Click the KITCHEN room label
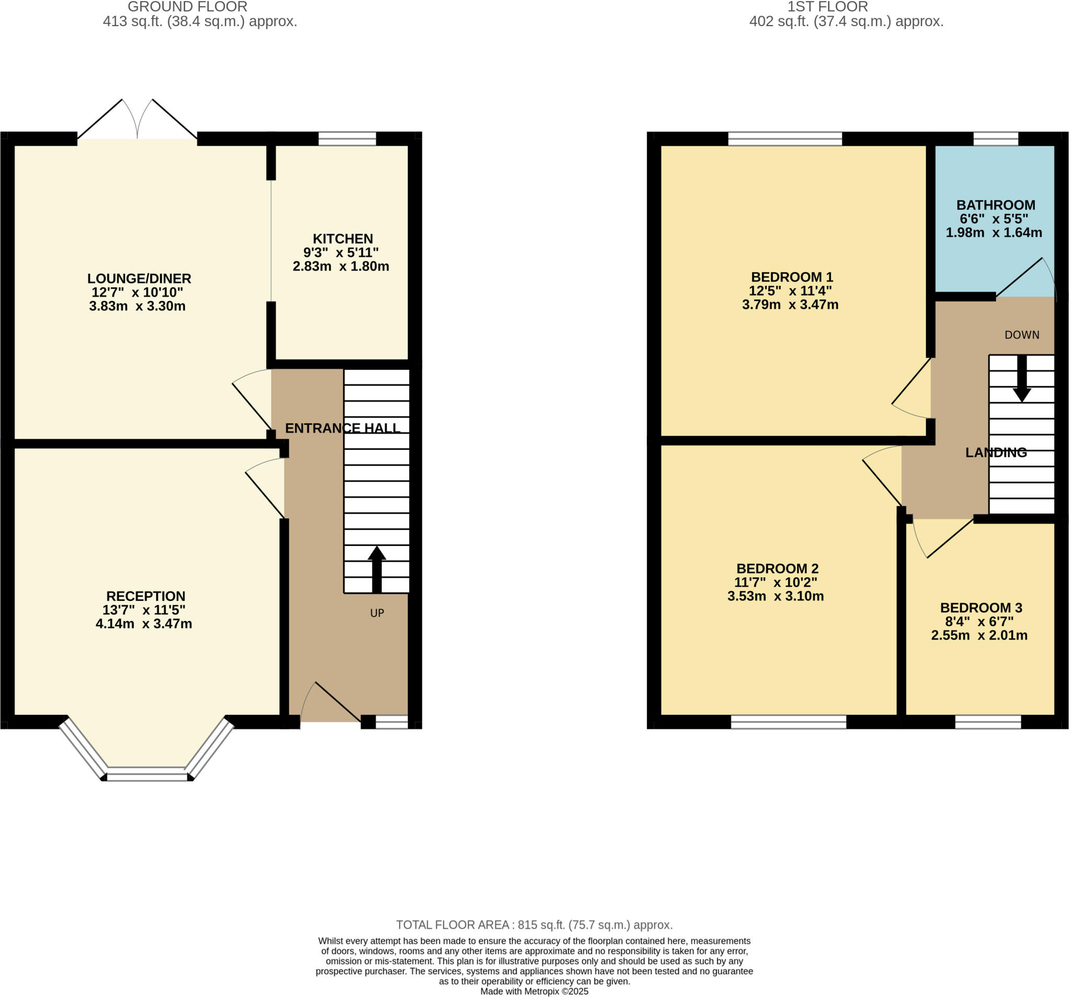point(343,238)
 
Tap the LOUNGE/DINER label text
point(139,279)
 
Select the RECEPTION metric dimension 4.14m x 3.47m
point(144,624)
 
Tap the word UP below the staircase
point(377,613)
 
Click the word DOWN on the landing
point(1022,335)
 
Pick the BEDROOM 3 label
point(981,608)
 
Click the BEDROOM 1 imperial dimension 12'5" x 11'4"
point(790,291)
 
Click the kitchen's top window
point(347,139)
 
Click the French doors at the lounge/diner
point(138,121)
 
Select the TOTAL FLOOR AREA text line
point(534,925)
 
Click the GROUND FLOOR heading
point(188,7)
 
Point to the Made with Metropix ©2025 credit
point(534,991)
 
